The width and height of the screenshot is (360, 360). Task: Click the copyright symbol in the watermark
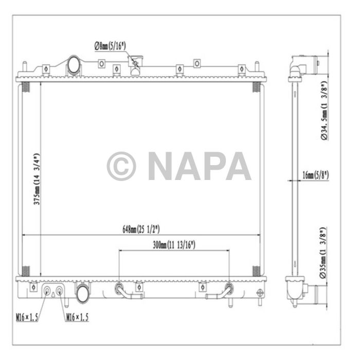click(x=121, y=166)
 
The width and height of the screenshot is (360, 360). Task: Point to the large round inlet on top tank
click(x=74, y=65)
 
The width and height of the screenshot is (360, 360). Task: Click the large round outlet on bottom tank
click(x=82, y=295)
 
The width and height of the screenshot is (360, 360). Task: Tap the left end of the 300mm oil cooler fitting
click(x=119, y=288)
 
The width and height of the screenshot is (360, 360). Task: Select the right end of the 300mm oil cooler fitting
click(x=228, y=288)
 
